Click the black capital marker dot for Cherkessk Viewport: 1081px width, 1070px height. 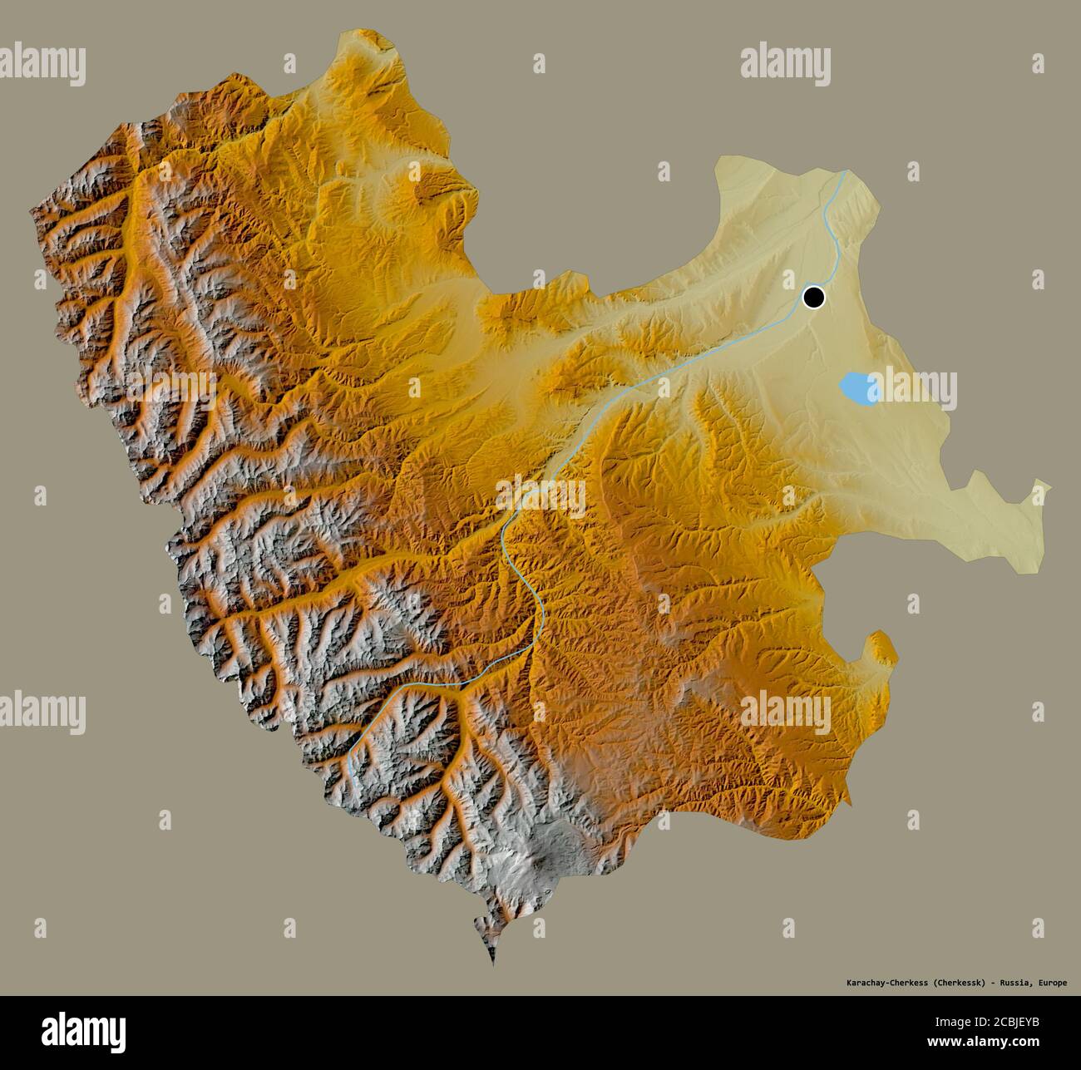click(813, 297)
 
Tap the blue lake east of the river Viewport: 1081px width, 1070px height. click(858, 387)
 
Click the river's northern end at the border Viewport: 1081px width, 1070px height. click(845, 172)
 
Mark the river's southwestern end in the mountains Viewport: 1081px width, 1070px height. click(350, 752)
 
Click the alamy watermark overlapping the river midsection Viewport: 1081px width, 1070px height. click(540, 496)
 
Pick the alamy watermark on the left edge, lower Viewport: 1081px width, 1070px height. click(43, 713)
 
